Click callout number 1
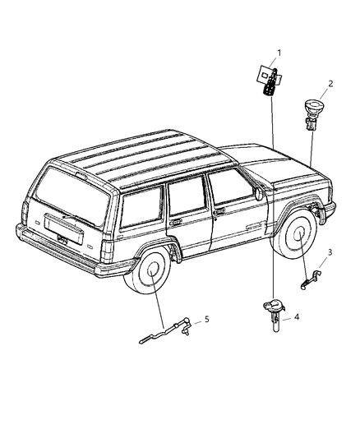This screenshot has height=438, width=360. click(278, 53)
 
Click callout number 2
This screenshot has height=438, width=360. click(330, 84)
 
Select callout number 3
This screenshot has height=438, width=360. click(330, 251)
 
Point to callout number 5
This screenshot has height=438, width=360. click(207, 319)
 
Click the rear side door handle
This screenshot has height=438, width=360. click(176, 222)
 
